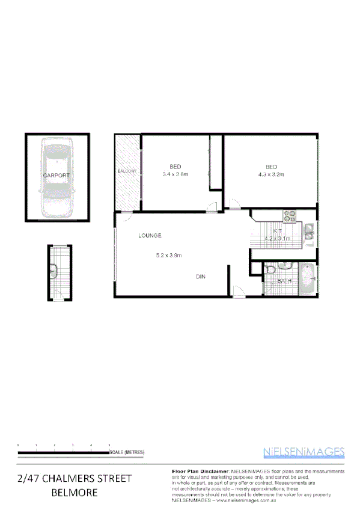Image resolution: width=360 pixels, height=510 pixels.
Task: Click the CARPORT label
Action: (56, 175)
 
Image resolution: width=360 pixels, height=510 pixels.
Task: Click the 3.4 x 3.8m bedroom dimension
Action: (175, 174)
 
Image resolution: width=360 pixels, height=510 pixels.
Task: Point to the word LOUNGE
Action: (150, 235)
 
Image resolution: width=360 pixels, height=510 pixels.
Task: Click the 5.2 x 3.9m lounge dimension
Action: (169, 255)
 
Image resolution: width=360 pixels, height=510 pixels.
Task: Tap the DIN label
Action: (201, 277)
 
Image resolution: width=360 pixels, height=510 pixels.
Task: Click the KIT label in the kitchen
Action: (278, 231)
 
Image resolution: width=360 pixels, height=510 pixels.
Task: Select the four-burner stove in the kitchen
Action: (290, 215)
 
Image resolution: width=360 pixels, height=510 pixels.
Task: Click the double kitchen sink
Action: (309, 232)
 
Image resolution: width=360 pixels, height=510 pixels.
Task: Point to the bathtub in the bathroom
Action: (307, 279)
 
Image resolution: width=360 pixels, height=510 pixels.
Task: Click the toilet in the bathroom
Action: (270, 271)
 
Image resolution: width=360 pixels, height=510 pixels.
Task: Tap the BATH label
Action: (284, 281)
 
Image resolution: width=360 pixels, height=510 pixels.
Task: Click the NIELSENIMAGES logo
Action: (304, 452)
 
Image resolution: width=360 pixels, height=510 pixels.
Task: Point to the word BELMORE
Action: (74, 493)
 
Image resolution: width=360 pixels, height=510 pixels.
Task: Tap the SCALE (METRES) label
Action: (127, 452)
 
